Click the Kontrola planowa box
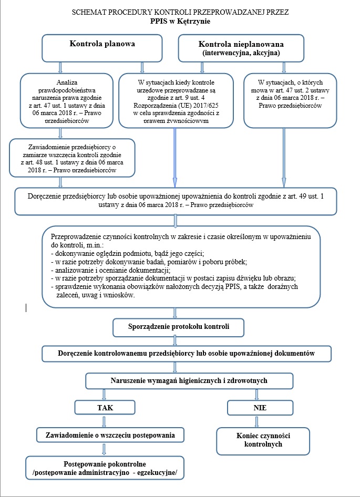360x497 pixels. pos(102,48)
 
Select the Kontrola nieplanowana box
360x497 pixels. pos(241,48)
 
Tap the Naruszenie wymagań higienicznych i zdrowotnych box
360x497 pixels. pos(189,380)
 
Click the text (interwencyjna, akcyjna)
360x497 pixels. pos(241,54)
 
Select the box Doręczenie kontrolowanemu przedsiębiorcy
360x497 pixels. pos(187,354)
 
